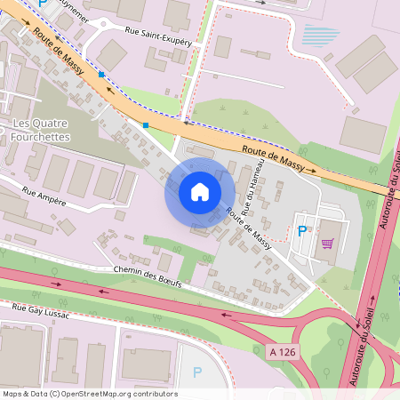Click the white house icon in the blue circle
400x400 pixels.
200,191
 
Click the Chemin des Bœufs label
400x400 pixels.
147,276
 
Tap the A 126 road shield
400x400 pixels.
281,352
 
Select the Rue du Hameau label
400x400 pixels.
254,188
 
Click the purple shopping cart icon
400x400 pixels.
328,243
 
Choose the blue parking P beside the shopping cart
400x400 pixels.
302,231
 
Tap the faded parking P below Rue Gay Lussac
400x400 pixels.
197,372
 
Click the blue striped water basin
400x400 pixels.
321,36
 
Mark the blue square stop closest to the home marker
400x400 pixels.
146,125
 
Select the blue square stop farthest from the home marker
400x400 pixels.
102,75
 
